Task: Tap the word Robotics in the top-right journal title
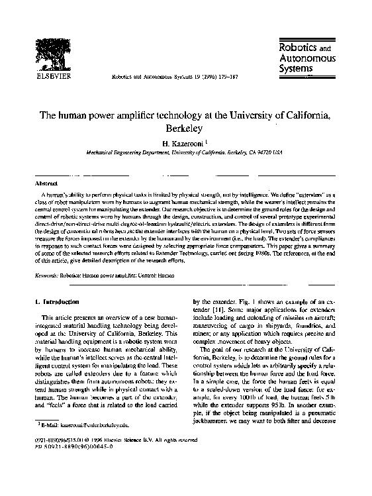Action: (x=295, y=47)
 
